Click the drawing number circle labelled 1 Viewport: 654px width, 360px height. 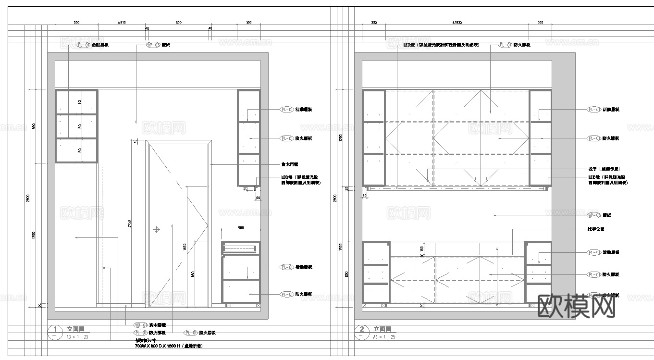coord(55,330)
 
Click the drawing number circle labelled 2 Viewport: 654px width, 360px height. coord(361,330)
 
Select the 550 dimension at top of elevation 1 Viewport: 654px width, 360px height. coord(76,23)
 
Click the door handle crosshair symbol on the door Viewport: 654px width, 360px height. coord(156,230)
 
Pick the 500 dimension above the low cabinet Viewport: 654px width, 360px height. coord(241,228)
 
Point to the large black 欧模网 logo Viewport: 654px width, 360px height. coord(576,306)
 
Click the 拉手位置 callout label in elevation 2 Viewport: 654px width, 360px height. coord(596,229)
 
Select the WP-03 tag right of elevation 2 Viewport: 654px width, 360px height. coord(594,215)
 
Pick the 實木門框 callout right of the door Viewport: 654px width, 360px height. coord(289,164)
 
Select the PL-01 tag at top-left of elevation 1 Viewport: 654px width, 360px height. coord(83,45)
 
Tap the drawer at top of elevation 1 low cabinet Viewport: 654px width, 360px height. coord(241,248)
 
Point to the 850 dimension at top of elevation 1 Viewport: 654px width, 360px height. coord(178,23)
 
